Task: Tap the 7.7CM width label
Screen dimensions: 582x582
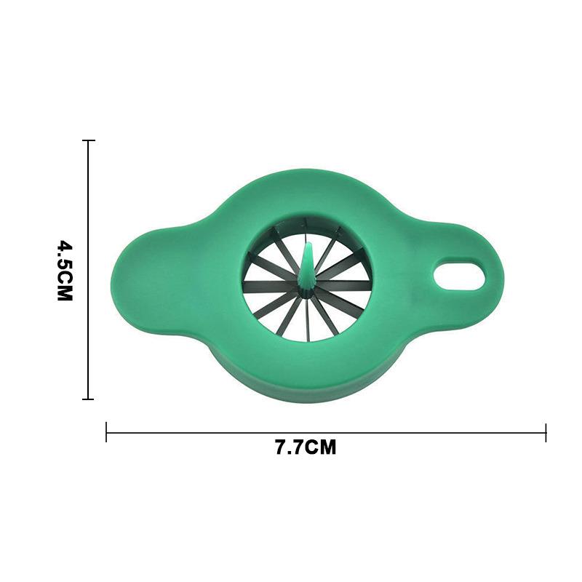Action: click(306, 447)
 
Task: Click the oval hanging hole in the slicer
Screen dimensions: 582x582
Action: click(459, 275)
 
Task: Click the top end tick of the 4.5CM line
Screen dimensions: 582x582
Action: click(89, 140)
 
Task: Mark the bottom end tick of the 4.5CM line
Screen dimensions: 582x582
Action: click(89, 399)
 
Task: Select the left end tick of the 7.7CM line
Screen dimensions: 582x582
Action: click(107, 432)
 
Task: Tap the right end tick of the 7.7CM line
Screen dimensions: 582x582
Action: click(546, 432)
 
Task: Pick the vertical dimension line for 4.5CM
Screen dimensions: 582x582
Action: click(89, 218)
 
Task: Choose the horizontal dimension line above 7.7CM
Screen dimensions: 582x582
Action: click(327, 432)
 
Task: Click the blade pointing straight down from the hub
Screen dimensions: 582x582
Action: click(307, 320)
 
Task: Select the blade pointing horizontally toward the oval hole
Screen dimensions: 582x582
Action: click(342, 286)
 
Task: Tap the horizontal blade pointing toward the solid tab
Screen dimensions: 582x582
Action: click(269, 286)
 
